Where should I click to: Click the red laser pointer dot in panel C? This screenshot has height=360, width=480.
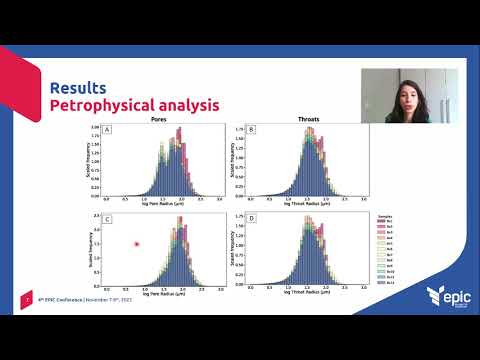click(x=136, y=243)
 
